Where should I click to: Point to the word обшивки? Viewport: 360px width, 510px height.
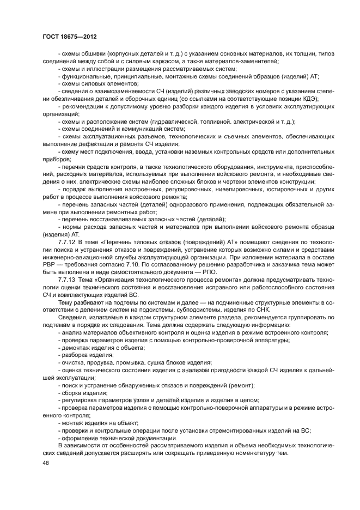[93, 53]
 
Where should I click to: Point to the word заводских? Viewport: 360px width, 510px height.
[206, 90]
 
